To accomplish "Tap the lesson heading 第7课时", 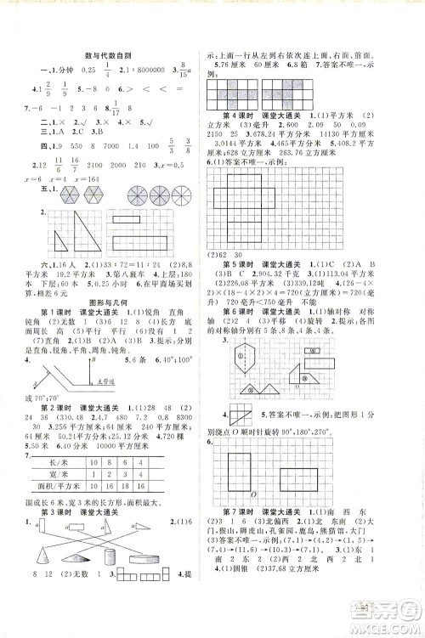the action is (x=238, y=534).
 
